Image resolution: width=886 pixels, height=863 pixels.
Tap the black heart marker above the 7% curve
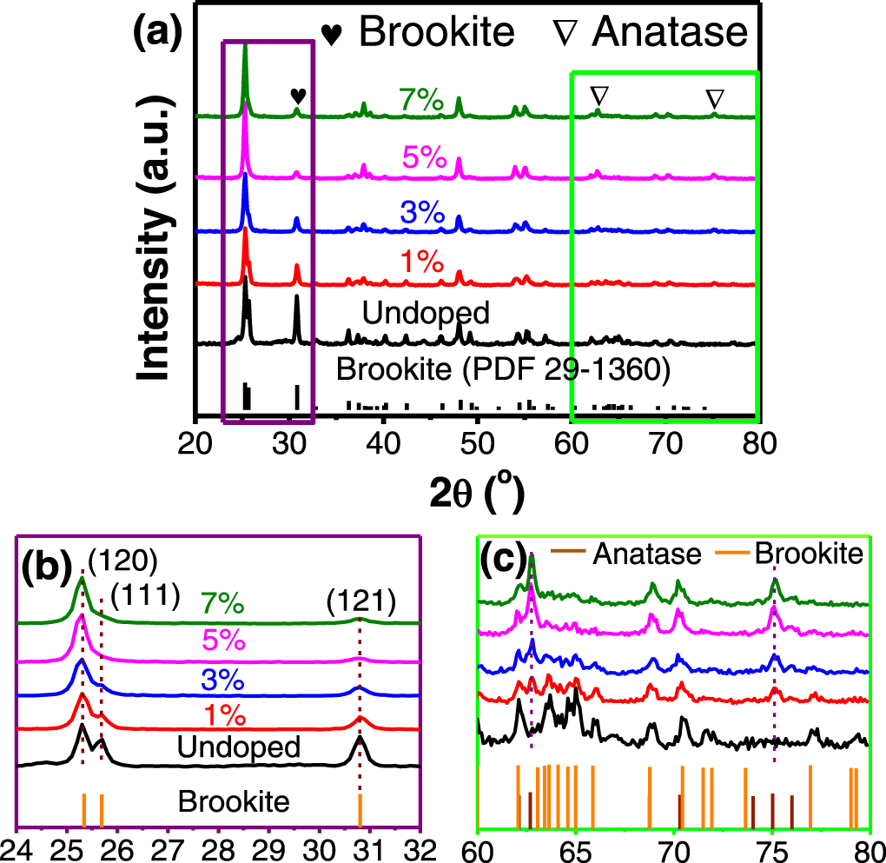(x=298, y=95)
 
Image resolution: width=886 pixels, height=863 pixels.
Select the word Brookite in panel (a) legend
(x=437, y=32)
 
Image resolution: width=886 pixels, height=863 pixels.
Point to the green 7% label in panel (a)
(x=423, y=100)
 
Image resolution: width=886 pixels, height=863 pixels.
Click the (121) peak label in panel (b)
(x=360, y=601)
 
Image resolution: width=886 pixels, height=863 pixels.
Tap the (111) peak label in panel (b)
(x=146, y=598)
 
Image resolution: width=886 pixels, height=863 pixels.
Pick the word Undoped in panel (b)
(x=237, y=747)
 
